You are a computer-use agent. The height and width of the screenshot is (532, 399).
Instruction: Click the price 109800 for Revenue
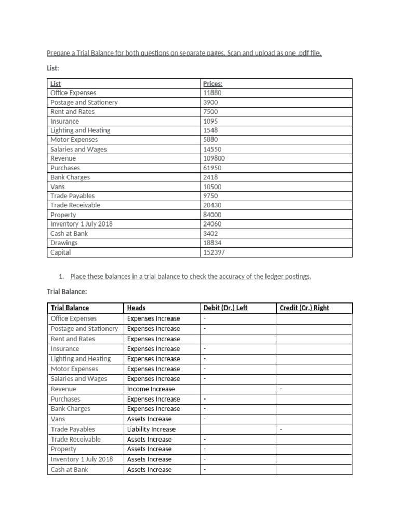214,158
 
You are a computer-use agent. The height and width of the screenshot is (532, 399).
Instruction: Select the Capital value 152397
214,252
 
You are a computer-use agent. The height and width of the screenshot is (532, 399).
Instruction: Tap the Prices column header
213,84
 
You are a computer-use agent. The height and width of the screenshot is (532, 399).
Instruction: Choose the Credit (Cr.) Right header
304,308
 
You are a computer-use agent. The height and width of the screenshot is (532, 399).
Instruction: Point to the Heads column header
136,308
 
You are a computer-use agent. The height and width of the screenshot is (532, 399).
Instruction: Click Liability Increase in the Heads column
151,429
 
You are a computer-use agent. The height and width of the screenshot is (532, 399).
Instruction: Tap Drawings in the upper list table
64,243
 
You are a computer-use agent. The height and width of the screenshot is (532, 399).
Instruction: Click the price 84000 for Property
212,215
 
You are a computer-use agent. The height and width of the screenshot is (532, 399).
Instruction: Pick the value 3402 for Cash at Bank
211,233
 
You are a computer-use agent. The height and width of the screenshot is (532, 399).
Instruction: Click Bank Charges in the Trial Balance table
70,409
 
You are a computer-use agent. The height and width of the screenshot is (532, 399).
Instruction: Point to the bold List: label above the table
53,68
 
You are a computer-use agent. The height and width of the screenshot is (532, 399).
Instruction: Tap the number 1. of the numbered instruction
63,276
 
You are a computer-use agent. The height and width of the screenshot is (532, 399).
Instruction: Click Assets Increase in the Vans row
149,419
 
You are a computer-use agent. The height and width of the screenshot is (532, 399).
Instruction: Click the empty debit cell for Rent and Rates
237,339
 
